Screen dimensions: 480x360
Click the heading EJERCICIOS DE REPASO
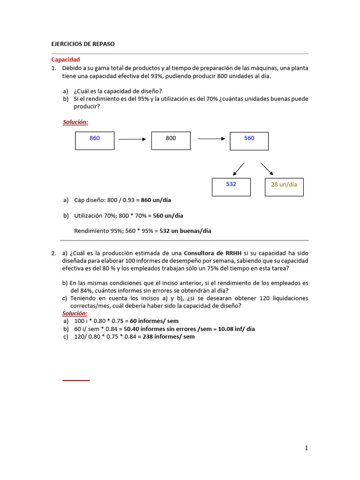pyautogui.click(x=82, y=44)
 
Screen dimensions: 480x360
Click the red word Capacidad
pyautogui.click(x=65, y=60)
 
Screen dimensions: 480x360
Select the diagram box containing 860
pyautogui.click(x=95, y=141)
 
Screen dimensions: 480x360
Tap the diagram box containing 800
pyautogui.click(x=171, y=141)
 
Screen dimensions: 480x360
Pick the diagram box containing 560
pyautogui.click(x=249, y=141)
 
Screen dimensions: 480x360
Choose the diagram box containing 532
pyautogui.click(x=231, y=187)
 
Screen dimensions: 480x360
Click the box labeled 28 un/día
pyautogui.click(x=284, y=187)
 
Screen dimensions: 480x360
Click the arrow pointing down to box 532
pyautogui.click(x=239, y=168)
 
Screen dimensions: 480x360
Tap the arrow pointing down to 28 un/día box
pyautogui.click(x=267, y=168)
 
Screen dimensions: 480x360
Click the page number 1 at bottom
pyautogui.click(x=307, y=448)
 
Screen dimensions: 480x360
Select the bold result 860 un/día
pyautogui.click(x=156, y=200)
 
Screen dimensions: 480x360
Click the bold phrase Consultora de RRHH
pyautogui.click(x=213, y=254)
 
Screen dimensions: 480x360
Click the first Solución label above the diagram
pyautogui.click(x=75, y=122)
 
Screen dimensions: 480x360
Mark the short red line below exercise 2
pyautogui.click(x=76, y=380)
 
